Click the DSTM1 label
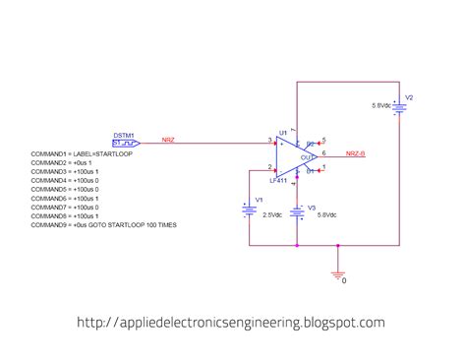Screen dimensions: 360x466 (x=124, y=133)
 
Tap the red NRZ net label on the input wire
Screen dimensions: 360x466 (x=168, y=140)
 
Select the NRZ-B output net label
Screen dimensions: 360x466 (x=356, y=153)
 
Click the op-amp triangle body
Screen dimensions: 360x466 (x=296, y=155)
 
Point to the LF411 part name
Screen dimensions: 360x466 (x=278, y=179)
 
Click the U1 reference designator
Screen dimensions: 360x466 (x=282, y=132)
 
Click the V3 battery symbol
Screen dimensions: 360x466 (x=296, y=211)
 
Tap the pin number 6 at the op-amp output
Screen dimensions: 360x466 (x=323, y=152)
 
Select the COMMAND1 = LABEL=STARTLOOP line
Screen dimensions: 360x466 (x=82, y=153)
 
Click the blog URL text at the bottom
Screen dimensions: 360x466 (x=230, y=322)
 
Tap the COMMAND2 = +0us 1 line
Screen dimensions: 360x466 (x=69, y=162)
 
